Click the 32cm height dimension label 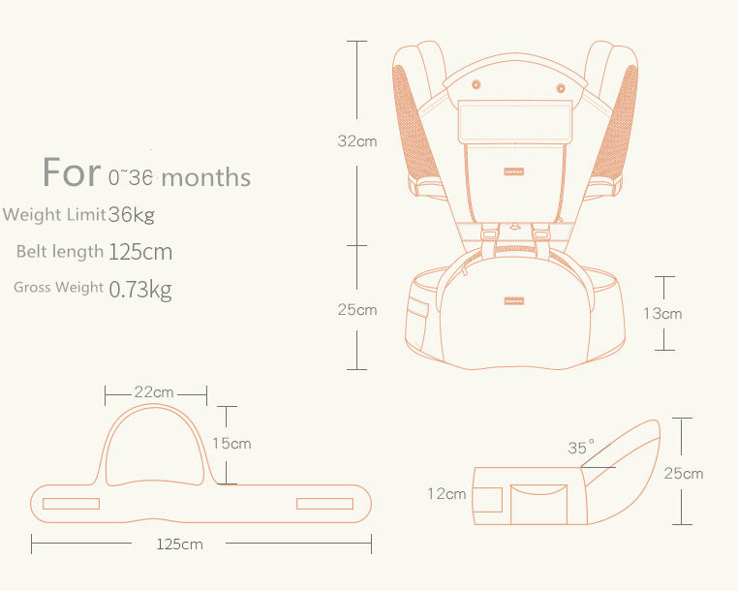point(357,140)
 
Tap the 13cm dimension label point(662,313)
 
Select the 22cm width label point(154,391)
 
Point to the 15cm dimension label point(231,443)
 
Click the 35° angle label point(581,447)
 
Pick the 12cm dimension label point(446,493)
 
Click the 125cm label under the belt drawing point(179,544)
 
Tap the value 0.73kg point(140,289)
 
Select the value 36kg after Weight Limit point(132,215)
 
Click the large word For point(72,172)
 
